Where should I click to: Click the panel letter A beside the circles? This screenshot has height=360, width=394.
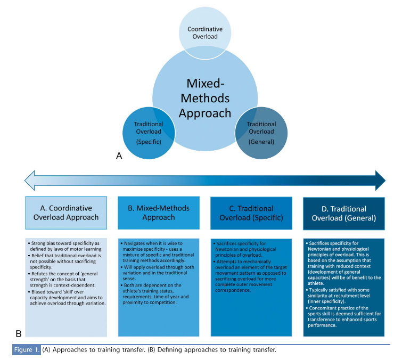tap(120, 156)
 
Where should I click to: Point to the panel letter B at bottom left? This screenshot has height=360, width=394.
tap(19, 334)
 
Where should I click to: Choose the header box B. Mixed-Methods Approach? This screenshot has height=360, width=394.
tap(159, 212)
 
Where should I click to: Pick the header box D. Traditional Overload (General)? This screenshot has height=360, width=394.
tap(343, 212)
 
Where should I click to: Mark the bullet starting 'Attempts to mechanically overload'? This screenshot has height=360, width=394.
tap(251, 271)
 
